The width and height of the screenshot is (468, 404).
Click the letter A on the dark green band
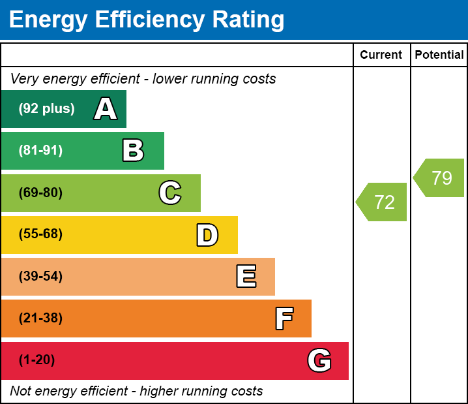(106, 109)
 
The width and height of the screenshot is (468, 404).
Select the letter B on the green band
(133, 151)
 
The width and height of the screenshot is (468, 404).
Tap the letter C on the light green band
(170, 193)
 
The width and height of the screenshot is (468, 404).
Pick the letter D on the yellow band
(207, 235)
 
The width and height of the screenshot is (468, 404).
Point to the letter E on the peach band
(246, 277)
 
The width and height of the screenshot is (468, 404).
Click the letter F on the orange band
(284, 319)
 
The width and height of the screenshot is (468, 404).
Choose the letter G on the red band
(319, 360)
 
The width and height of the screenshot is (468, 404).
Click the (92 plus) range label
(46, 109)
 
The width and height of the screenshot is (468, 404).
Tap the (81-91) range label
(40, 151)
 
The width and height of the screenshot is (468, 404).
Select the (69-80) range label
(40, 193)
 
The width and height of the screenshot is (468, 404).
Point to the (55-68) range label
(40, 234)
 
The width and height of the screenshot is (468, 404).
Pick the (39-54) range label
(40, 277)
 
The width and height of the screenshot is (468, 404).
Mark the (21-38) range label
(40, 319)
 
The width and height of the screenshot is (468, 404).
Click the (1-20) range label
(37, 360)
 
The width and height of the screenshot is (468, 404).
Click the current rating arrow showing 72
(383, 202)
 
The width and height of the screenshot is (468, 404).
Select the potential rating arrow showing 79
(440, 178)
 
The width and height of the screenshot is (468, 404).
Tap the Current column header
(381, 55)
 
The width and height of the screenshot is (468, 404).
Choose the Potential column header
(439, 55)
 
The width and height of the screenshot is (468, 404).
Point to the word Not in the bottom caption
(21, 392)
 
